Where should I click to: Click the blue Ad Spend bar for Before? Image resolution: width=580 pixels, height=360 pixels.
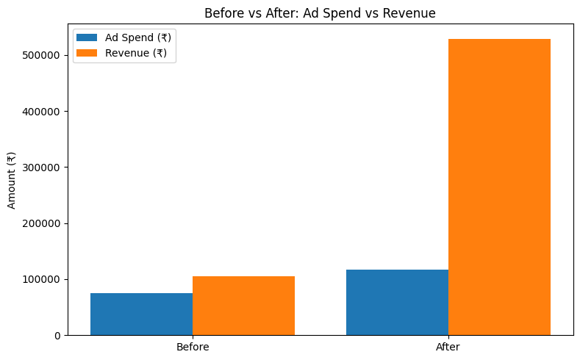[141, 314]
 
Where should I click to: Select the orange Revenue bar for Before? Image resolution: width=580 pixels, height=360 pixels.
[243, 306]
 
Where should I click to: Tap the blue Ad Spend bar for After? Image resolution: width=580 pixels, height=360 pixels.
[397, 302]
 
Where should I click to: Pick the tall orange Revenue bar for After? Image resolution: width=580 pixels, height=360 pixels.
[499, 187]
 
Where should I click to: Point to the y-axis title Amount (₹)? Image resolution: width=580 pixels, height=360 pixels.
[11, 181]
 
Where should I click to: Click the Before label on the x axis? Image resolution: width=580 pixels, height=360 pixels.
[193, 347]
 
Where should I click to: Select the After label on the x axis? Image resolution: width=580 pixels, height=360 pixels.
[448, 347]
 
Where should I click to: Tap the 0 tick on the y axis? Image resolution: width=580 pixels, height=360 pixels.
[57, 336]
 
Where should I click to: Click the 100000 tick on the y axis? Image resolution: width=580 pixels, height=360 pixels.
[46, 280]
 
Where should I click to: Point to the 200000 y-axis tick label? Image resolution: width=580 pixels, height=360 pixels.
[46, 223]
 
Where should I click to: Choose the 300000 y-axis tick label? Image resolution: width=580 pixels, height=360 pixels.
[46, 168]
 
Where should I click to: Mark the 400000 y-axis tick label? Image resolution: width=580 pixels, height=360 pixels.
[46, 112]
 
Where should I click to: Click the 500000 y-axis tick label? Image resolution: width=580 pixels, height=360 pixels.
[46, 55]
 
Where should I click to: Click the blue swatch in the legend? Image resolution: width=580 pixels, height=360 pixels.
[87, 37]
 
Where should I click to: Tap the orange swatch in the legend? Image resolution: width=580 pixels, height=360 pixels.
[87, 53]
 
